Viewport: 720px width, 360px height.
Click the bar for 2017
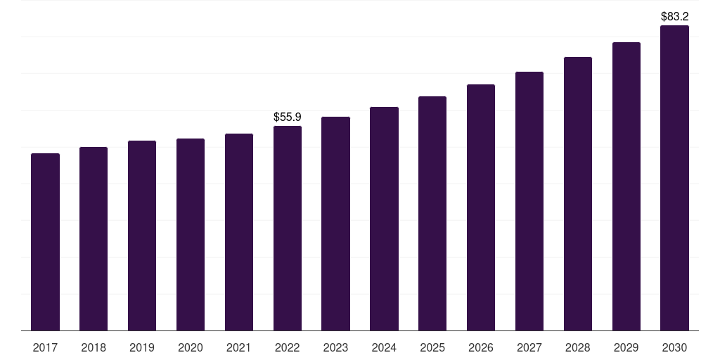(45, 242)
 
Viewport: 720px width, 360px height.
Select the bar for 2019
(142, 236)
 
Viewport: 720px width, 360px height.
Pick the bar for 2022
(288, 228)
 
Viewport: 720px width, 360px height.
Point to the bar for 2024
(384, 219)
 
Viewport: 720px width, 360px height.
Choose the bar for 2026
(481, 207)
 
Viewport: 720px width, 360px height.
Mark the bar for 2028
(578, 193)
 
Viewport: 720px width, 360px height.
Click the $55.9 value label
(288, 117)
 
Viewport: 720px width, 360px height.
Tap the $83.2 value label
(674, 15)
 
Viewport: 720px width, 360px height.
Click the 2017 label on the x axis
(45, 347)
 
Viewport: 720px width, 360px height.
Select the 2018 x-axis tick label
(94, 347)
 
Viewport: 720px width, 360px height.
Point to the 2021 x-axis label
(239, 347)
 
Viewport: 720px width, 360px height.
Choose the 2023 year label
(335, 347)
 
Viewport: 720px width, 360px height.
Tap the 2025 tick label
(432, 347)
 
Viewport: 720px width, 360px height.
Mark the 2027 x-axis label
(529, 347)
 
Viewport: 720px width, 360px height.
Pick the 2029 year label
(626, 347)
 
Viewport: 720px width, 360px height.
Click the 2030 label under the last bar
(674, 347)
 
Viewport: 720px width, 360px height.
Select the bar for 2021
(239, 232)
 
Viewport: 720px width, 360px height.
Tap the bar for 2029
(626, 186)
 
